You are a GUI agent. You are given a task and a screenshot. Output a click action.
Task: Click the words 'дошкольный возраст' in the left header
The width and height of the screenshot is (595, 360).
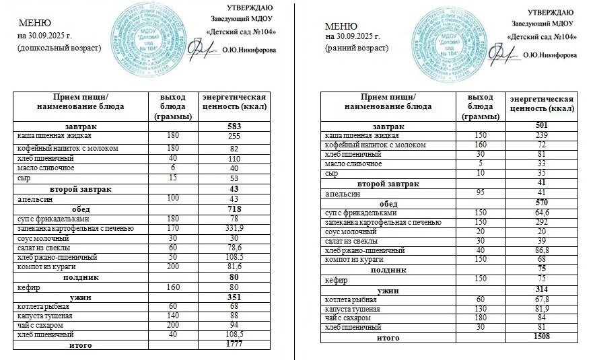[59, 48]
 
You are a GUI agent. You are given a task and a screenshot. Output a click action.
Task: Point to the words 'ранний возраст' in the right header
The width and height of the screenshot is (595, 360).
[357, 48]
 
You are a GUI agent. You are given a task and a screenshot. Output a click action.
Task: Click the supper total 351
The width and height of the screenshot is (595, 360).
[234, 295]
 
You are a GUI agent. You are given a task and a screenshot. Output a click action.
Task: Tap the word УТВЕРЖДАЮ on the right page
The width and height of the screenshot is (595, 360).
[551, 12]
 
